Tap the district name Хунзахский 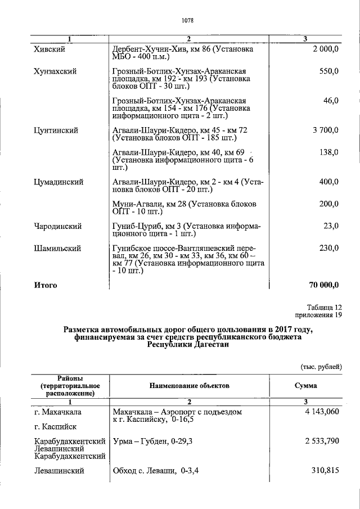(55, 71)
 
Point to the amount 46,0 (331, 101)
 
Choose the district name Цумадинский (58, 182)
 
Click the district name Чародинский (57, 226)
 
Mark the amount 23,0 (331, 226)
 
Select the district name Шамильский (57, 248)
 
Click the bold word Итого (46, 285)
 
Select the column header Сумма (305, 386)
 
